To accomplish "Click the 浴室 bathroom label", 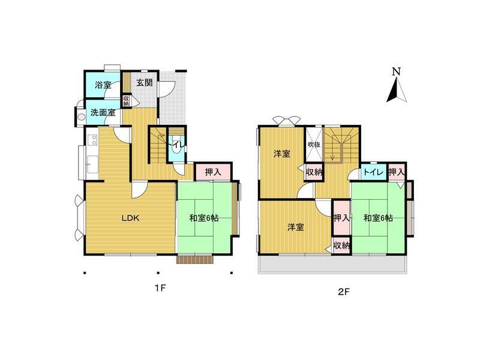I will tap(103, 85).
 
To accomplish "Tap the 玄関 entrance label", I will tap(143, 83).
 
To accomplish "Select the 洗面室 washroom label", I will tap(103, 112).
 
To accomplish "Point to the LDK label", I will tap(131, 218).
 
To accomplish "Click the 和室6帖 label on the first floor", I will tap(204, 218).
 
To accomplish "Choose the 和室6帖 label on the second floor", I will tap(378, 218).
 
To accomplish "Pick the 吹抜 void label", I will tap(314, 145).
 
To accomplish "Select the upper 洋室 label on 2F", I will tap(282, 154).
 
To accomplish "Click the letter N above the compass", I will tap(396, 71).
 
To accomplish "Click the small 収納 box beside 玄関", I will tap(126, 101).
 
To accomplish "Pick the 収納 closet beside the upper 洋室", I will tap(314, 173).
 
